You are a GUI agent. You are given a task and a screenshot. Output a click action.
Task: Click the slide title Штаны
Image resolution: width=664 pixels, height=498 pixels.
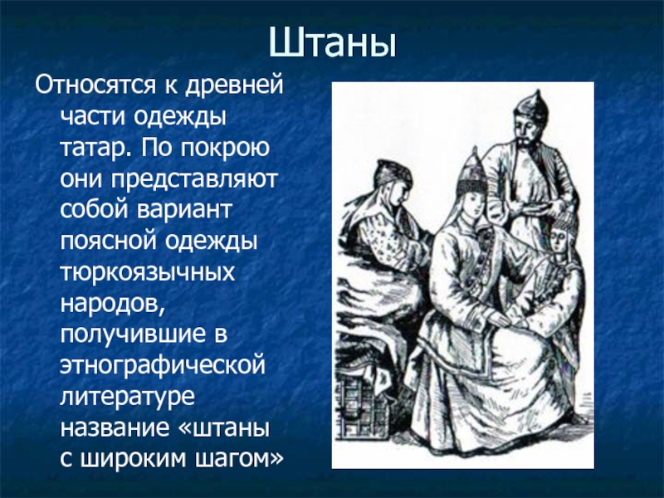click(x=333, y=42)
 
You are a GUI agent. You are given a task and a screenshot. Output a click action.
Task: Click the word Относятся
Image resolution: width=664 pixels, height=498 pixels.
click(x=95, y=85)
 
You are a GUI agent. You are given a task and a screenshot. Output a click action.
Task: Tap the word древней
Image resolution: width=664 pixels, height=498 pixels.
click(x=234, y=86)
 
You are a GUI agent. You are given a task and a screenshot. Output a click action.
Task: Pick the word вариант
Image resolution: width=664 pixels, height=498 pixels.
click(x=184, y=210)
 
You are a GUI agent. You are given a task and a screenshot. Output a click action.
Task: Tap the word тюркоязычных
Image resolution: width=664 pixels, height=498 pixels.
click(x=148, y=272)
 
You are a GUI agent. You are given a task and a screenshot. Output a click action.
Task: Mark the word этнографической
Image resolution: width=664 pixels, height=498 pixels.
click(x=163, y=365)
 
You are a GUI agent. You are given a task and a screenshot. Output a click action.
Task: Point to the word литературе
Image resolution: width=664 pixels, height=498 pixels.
click(x=128, y=397)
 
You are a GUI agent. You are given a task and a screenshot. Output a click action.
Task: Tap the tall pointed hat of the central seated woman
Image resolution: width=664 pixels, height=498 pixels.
click(x=471, y=172)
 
